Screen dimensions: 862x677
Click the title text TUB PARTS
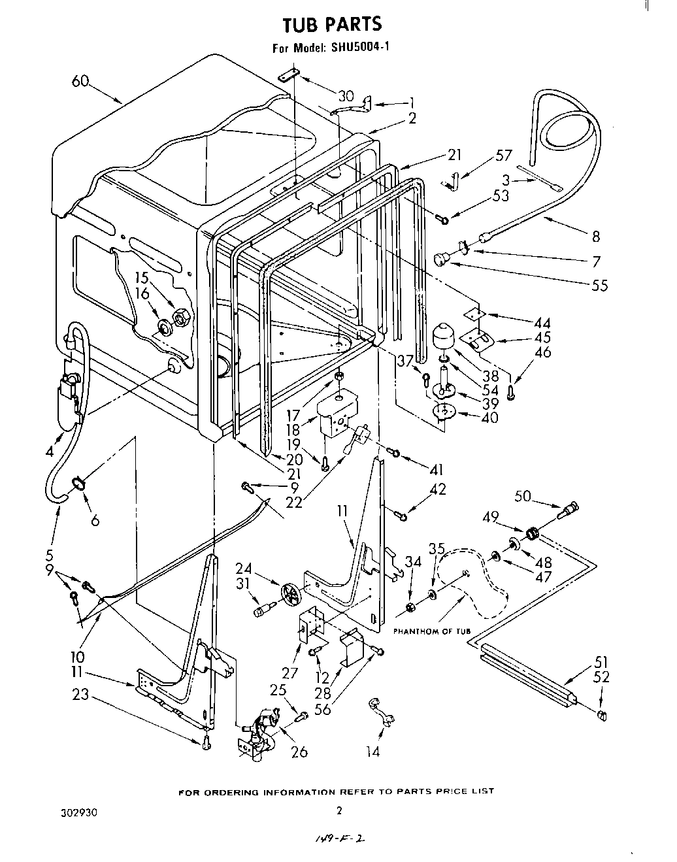[x=331, y=24]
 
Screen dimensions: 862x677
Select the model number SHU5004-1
[x=359, y=47]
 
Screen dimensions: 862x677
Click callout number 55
[x=599, y=285]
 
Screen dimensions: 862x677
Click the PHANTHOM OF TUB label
[x=432, y=631]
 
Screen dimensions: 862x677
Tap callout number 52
[x=601, y=677]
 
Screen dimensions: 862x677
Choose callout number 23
[x=81, y=695]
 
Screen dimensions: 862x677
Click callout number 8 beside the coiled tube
[x=595, y=237]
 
